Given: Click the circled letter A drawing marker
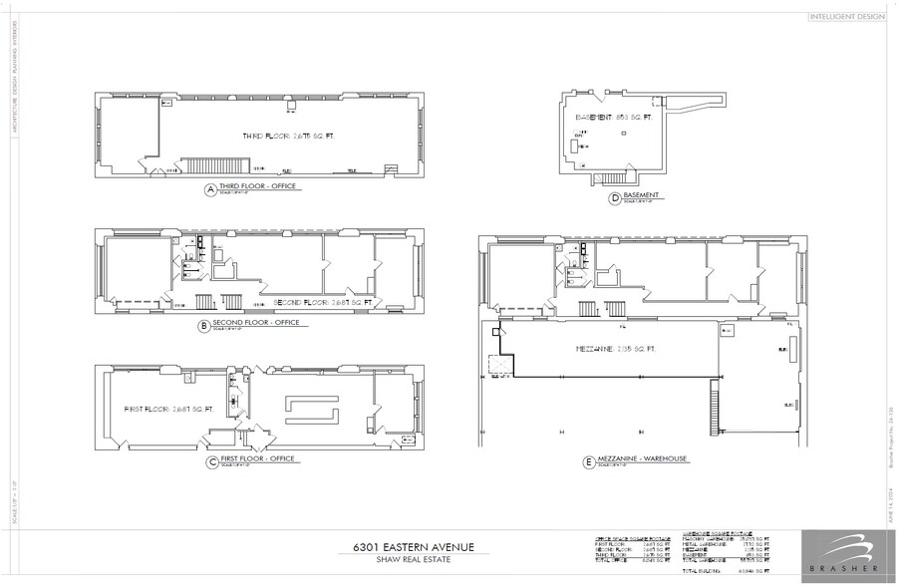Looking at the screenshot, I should click(x=210, y=188).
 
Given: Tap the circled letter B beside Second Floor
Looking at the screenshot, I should click(x=203, y=325).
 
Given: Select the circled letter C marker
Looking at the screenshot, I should click(x=211, y=461).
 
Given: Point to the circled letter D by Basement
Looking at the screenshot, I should click(x=614, y=199).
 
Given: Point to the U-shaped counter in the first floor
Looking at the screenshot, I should click(x=310, y=408).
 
